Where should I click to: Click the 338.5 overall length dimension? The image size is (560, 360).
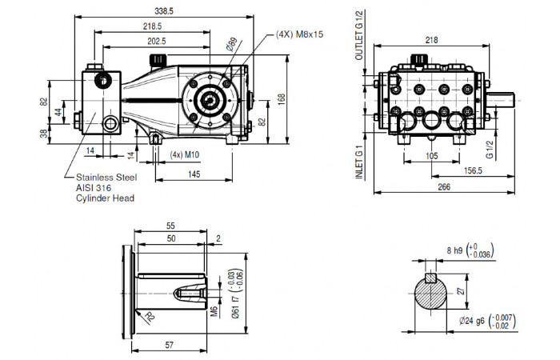tap(164, 11)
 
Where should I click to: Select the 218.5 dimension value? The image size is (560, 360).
tap(153, 26)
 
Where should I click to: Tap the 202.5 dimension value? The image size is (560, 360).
tap(157, 41)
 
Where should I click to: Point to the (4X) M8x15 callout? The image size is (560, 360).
tap(299, 34)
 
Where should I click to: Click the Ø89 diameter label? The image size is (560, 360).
tap(232, 44)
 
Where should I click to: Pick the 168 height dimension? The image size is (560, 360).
tap(282, 99)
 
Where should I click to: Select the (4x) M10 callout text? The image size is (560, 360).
tap(184, 154)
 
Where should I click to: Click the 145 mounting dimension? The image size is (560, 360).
tap(194, 174)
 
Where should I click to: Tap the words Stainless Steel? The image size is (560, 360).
tap(106, 178)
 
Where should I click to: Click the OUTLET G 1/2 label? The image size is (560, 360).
tap(359, 35)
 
